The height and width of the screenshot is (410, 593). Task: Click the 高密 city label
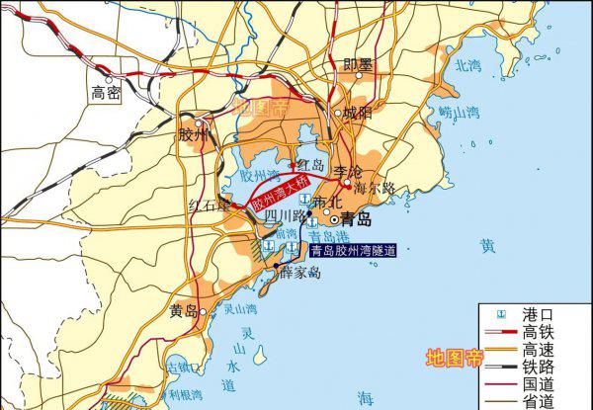pyautogui.click(x=106, y=95)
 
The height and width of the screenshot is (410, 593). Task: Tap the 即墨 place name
pyautogui.click(x=358, y=65)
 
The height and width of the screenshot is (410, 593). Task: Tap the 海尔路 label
pyautogui.click(x=374, y=187)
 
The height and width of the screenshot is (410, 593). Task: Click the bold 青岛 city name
pyautogui.click(x=356, y=218)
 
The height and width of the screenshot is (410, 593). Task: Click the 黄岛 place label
pyautogui.click(x=183, y=311)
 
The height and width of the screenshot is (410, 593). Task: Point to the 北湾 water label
pyautogui.click(x=466, y=67)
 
